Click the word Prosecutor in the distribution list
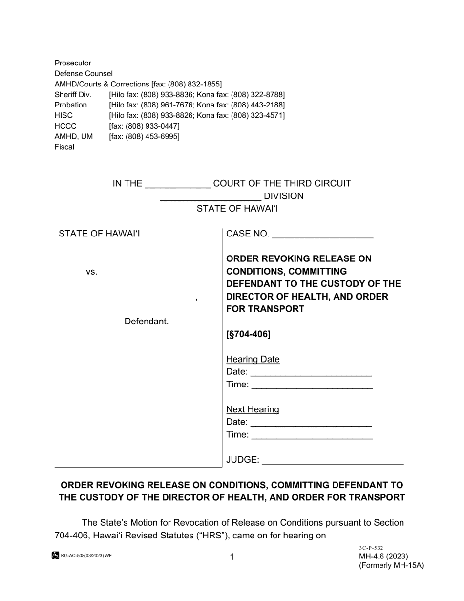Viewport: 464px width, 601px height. pos(73,63)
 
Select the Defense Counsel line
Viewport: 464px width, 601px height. pos(84,74)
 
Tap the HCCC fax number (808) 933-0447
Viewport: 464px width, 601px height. pos(144,126)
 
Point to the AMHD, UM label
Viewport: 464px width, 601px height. pos(73,136)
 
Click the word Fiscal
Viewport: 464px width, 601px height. pos(64,147)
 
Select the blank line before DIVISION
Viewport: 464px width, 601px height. pos(211,197)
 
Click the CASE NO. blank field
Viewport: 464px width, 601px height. pos(322,235)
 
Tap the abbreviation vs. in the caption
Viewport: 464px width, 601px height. pos(92,272)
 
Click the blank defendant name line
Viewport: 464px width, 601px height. pos(127,298)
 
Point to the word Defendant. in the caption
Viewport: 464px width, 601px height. pos(147,322)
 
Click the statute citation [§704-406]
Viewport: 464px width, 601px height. pos(248,335)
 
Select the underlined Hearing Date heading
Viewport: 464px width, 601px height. pos(253,360)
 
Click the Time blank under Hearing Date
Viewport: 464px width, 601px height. pos(313,386)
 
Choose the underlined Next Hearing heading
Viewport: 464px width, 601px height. pos(253,409)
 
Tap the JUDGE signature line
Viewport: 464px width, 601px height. pos(333,461)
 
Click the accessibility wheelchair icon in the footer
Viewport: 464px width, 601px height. pos(56,556)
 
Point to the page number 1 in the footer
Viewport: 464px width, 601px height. pos(232,557)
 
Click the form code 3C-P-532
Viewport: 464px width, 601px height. pos(371,548)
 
